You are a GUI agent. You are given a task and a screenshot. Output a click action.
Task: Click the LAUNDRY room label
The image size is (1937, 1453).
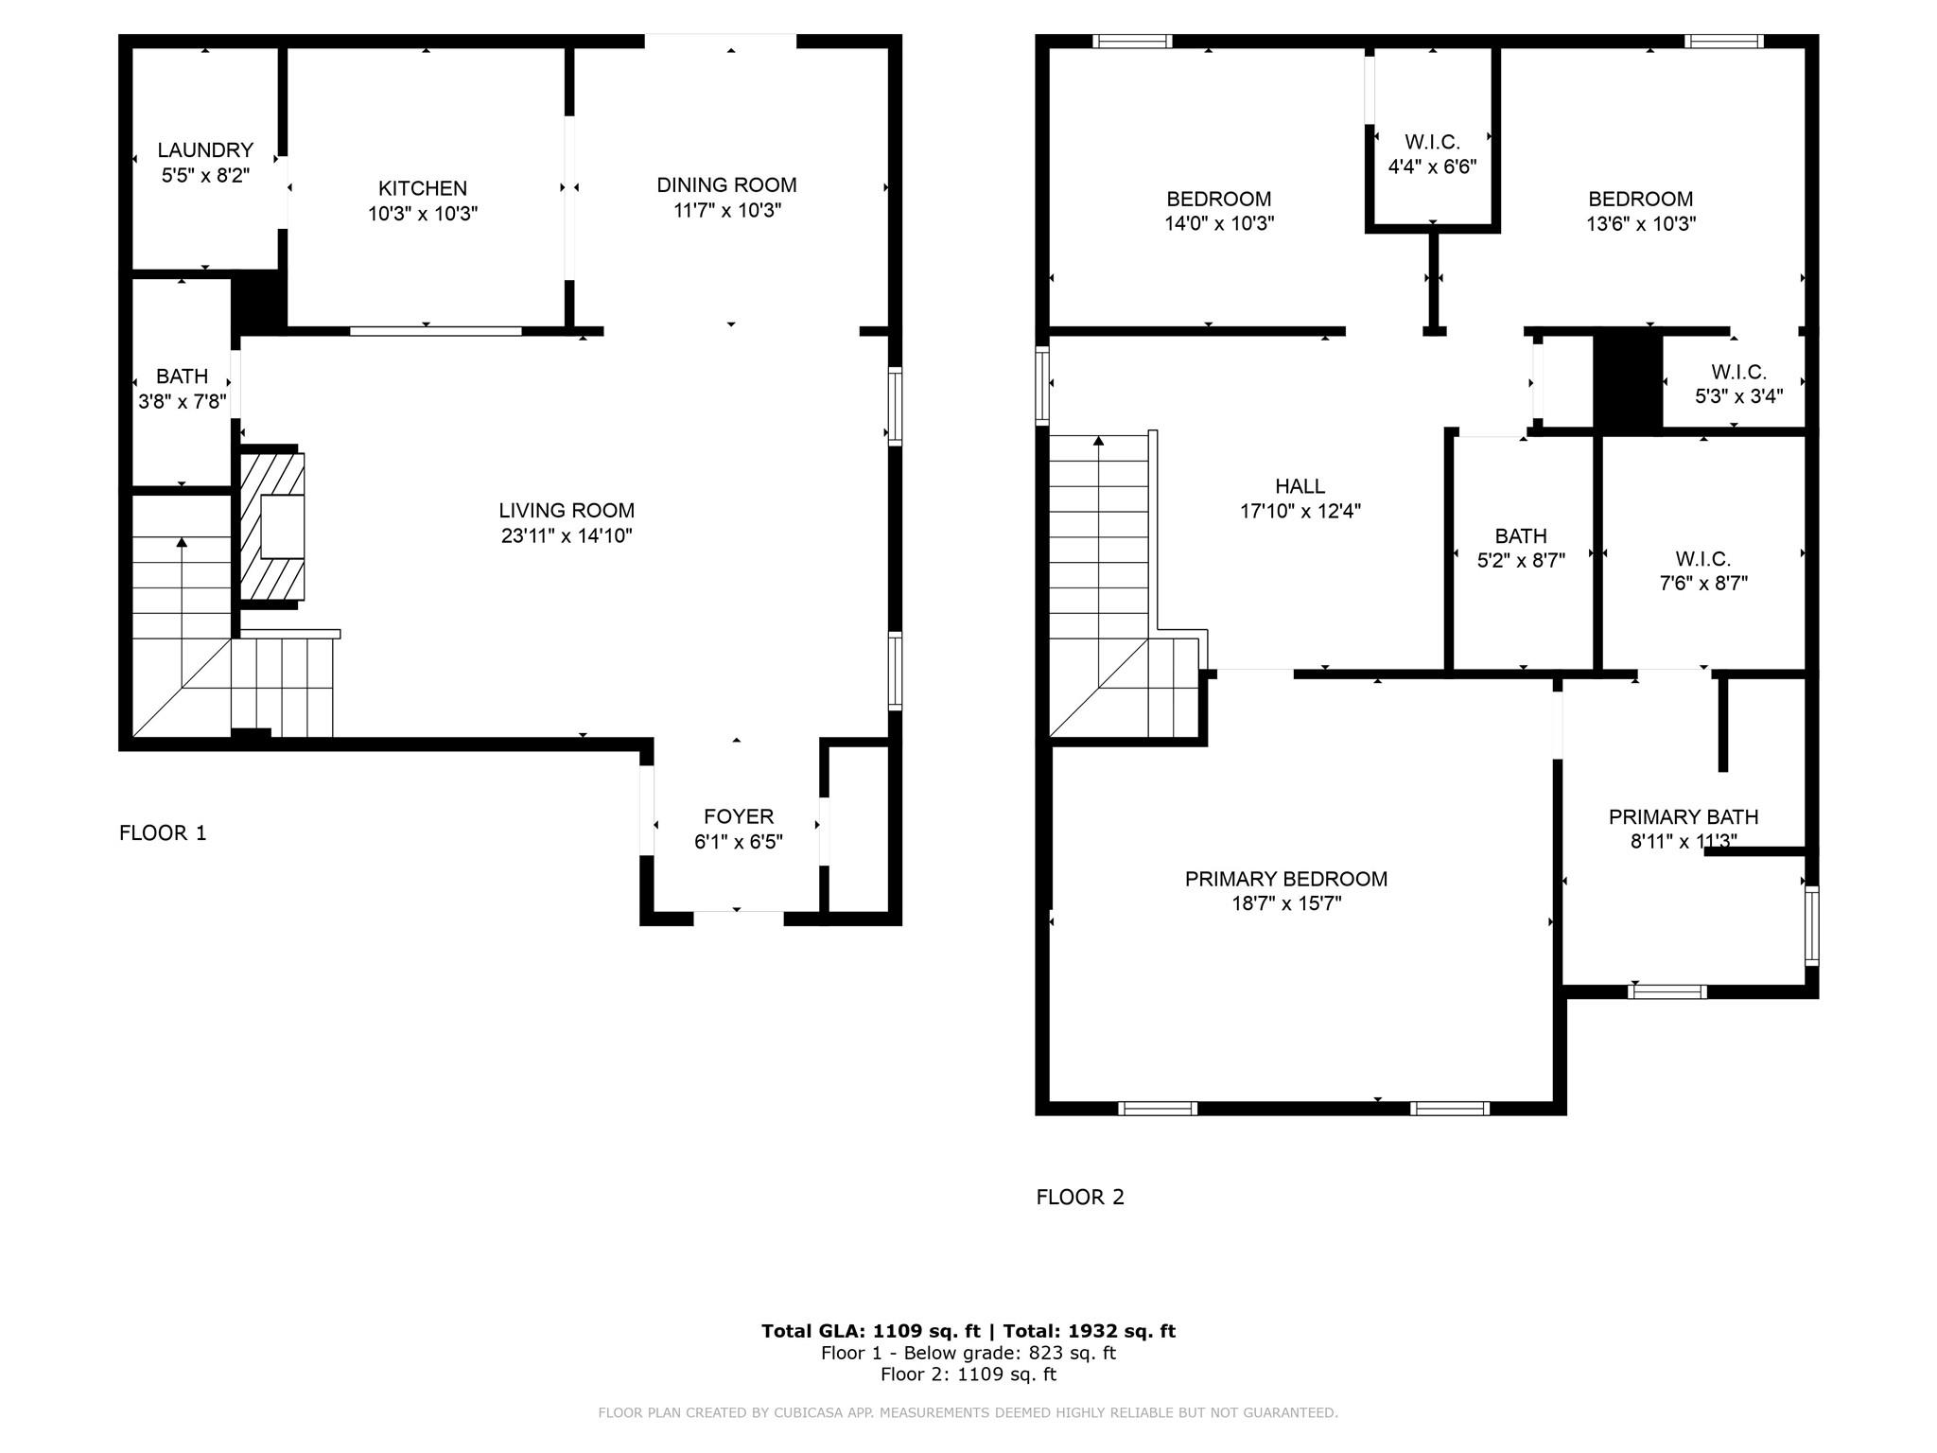pos(205,150)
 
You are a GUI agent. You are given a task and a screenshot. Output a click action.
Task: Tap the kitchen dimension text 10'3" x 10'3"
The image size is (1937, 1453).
pos(423,214)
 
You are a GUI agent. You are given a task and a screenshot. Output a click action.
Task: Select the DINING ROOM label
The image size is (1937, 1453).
pos(726,185)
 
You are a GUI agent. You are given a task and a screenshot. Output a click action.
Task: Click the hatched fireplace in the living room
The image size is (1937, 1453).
pos(272,527)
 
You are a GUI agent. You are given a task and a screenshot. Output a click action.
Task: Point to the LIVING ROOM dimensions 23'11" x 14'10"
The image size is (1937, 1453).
pos(567,536)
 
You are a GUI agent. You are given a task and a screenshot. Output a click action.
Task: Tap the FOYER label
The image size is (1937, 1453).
pos(738,816)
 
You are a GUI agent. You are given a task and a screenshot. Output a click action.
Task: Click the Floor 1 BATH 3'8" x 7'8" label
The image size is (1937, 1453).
pos(182,389)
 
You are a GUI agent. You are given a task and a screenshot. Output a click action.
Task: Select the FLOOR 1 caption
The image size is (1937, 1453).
pos(163,833)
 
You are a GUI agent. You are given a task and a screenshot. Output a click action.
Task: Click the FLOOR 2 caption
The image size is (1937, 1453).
pos(1080,1198)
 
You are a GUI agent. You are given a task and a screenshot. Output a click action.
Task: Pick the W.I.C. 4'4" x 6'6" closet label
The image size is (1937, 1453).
pos(1432,154)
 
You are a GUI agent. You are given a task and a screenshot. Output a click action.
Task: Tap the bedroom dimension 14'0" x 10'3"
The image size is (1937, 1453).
pos(1219,224)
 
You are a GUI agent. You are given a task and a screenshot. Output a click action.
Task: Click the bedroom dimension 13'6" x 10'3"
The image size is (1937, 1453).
pos(1641,224)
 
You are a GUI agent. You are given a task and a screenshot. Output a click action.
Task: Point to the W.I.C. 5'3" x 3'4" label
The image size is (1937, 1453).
pos(1738,384)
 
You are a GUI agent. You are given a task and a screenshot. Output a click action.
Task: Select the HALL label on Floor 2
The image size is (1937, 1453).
pos(1300,486)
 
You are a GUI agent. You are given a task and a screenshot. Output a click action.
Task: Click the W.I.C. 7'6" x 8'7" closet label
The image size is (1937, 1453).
pos(1703,571)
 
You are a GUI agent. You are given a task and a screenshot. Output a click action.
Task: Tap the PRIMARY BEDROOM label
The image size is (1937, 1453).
pos(1286,879)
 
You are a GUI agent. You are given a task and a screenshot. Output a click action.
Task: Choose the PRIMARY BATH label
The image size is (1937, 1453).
pos(1684,816)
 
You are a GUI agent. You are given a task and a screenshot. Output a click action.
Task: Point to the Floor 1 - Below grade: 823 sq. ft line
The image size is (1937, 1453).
pos(968,1353)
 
